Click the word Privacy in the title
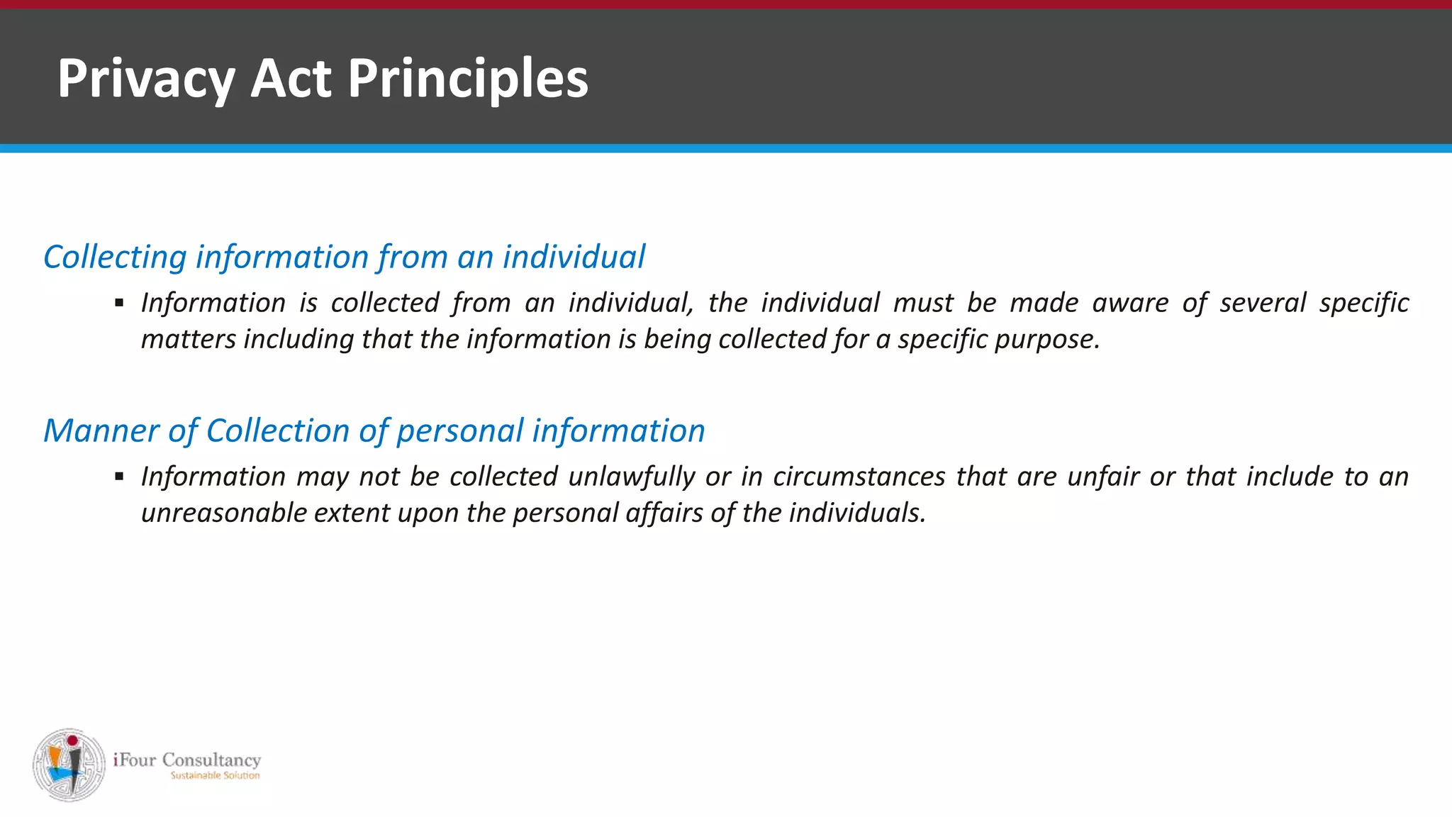coord(145,79)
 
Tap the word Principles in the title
coord(468,79)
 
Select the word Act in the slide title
coord(291,79)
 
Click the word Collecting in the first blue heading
coord(115,257)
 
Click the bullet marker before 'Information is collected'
coord(119,304)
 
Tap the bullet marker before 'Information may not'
coord(119,477)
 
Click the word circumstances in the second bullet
coord(859,477)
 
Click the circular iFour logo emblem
coord(69,765)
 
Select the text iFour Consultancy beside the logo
coord(187,760)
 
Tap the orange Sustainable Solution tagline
coord(215,776)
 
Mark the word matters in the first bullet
coord(189,340)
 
